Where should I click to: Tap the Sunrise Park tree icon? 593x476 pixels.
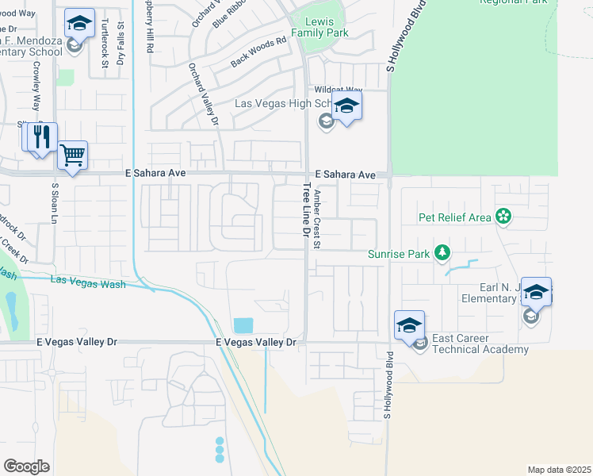[442, 254]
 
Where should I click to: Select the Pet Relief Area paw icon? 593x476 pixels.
[502, 216]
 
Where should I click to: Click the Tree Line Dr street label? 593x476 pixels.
[305, 210]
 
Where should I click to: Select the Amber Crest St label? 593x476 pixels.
[316, 219]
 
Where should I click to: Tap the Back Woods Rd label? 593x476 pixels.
[258, 52]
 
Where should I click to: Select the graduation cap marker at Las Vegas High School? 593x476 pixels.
[346, 106]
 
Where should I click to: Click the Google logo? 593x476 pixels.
[26, 466]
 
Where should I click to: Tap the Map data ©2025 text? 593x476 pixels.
[559, 470]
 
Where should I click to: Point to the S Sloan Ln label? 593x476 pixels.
[55, 207]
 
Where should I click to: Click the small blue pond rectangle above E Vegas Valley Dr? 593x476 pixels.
[243, 325]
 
